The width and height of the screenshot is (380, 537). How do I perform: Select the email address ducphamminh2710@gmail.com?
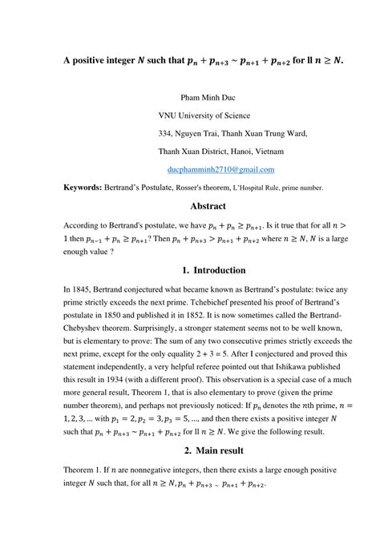220,170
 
